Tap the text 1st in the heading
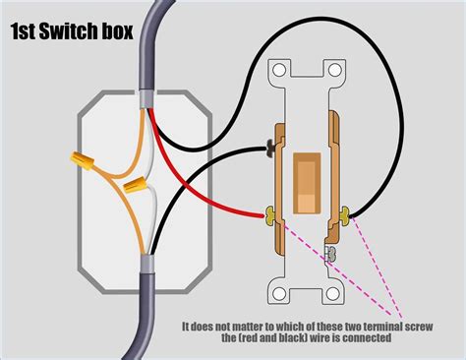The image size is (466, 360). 27,31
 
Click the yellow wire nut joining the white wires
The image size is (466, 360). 137,184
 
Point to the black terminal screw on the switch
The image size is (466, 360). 269,150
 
